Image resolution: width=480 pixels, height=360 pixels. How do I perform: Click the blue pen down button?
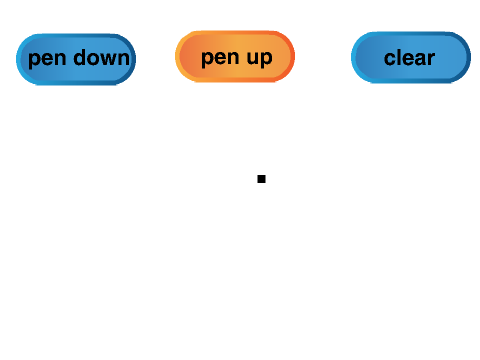[x=76, y=59]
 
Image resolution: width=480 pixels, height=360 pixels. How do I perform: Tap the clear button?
[x=411, y=57]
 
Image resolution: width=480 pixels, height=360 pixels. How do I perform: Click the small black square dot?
[x=261, y=179]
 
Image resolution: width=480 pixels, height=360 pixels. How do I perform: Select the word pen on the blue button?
[x=47, y=59]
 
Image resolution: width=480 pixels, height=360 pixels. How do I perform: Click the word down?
[x=101, y=58]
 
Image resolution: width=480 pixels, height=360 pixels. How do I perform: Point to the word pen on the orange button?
[x=220, y=59]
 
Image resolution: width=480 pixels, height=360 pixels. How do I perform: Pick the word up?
[x=260, y=59]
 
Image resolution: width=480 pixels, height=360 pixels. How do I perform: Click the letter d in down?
[x=80, y=58]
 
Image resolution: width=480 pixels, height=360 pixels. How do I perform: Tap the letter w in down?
[x=109, y=59]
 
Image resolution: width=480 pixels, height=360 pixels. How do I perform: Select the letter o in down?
[x=94, y=59]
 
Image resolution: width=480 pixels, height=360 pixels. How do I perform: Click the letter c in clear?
[x=390, y=59]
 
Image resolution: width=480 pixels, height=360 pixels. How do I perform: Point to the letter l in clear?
[x=399, y=58]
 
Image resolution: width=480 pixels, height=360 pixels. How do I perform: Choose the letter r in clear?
[x=430, y=59]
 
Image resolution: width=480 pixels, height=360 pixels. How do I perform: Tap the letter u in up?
[x=253, y=58]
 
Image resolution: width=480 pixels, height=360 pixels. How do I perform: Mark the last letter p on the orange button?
[x=267, y=60]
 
